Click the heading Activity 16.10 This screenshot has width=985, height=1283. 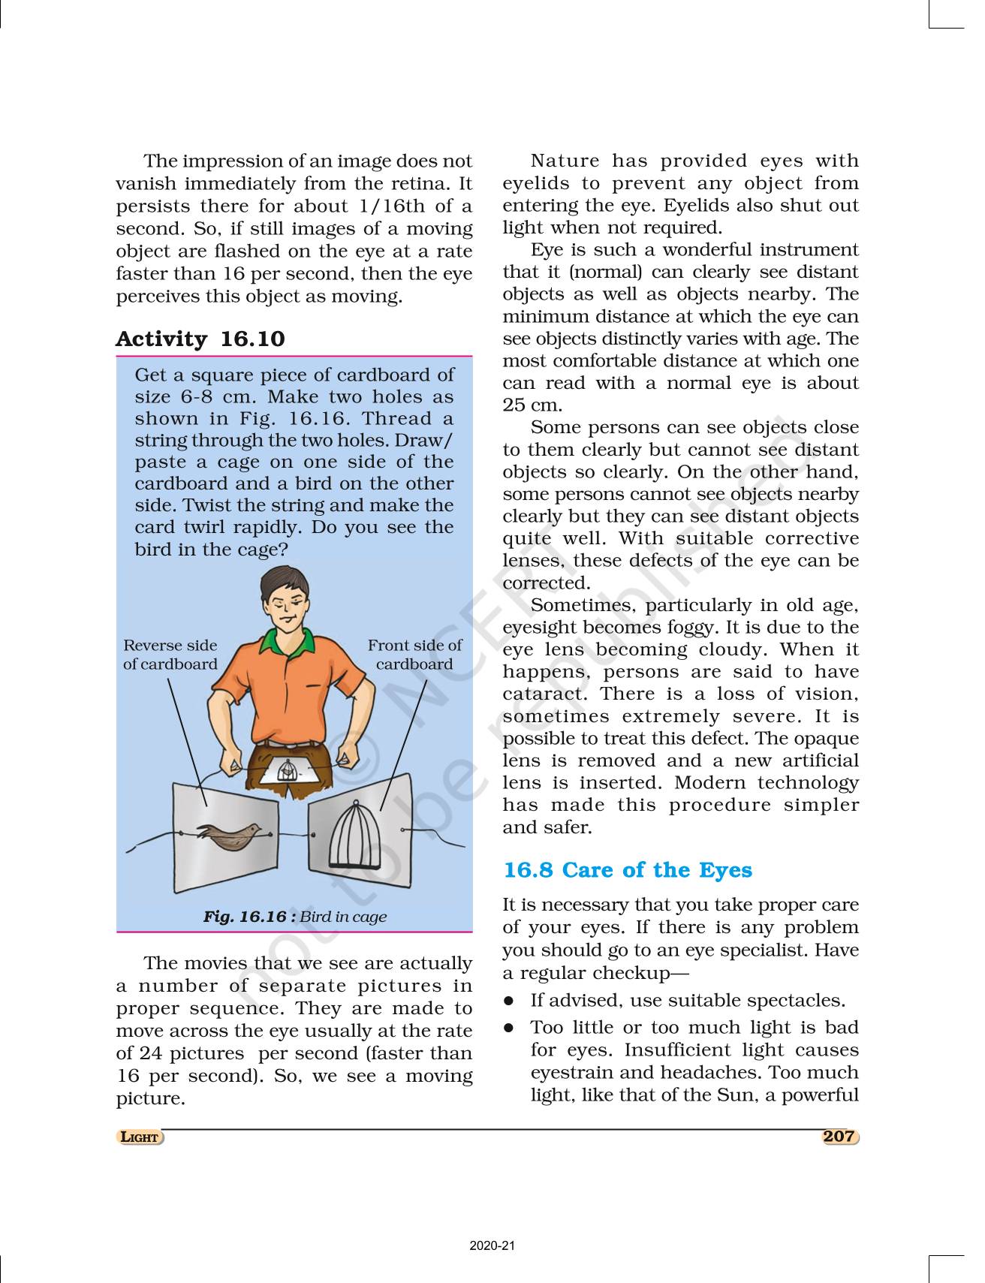(200, 339)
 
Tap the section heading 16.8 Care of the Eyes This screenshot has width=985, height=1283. (627, 870)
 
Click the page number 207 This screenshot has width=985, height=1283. (839, 1137)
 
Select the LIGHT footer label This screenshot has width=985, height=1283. (140, 1137)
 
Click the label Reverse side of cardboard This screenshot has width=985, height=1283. (170, 655)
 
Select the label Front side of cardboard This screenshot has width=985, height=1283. (414, 655)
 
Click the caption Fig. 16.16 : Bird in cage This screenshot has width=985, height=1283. (294, 917)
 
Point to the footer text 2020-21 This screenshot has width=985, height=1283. (492, 1246)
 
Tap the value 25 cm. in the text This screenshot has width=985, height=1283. (532, 405)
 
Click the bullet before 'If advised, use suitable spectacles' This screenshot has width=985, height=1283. (509, 1001)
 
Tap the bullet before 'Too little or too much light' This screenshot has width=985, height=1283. (509, 1027)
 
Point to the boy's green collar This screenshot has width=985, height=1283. (278, 642)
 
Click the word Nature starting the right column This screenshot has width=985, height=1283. (565, 161)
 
